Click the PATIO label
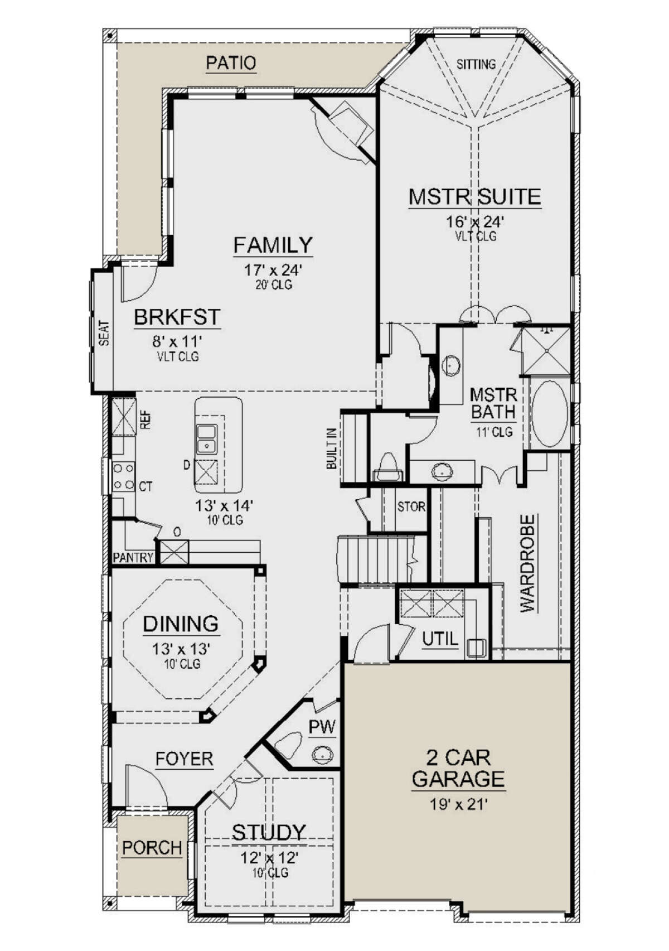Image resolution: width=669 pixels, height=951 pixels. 231,63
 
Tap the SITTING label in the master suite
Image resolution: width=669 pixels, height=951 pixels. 476,64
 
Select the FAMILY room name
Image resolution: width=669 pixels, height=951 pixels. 273,245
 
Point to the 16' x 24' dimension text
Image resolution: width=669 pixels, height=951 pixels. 474,221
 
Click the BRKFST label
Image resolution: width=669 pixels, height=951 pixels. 177,317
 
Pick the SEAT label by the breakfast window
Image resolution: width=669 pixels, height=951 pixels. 104,333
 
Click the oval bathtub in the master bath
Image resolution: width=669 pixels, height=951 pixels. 549,413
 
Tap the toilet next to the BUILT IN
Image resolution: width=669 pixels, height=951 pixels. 387,467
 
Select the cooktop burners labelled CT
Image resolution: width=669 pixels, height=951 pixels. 123,476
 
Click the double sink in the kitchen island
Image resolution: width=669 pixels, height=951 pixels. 207,438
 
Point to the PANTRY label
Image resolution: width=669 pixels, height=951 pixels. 133,557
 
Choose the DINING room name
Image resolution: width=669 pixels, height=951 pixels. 181,624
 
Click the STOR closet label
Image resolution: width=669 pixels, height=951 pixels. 411,506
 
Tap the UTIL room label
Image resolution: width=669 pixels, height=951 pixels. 441,639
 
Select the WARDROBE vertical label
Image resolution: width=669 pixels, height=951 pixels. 527,563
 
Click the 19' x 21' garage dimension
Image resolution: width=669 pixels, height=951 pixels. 458,804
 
